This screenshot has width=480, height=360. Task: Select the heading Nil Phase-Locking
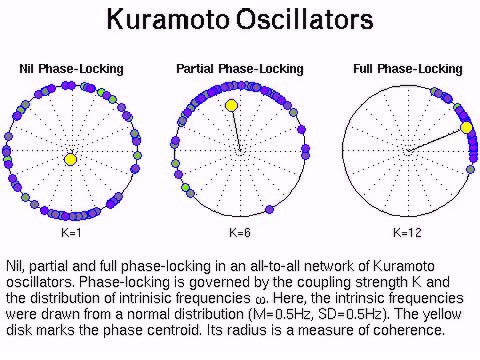pos(71,69)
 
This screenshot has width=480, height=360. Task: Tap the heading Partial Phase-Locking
pos(240,69)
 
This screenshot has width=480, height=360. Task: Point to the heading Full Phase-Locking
pos(408,69)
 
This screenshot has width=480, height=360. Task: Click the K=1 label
pos(71,233)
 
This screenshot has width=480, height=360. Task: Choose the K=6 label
pos(240,233)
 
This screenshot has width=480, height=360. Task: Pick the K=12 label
pos(407,233)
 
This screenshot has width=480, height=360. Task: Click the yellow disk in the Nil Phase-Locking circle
pos(71,159)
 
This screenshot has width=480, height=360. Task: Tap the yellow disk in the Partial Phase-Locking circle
pos(232,105)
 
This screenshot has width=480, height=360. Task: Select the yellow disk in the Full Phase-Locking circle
pos(466,127)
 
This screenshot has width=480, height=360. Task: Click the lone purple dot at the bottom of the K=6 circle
pos(269,210)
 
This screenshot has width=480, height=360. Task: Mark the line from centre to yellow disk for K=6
pos(236,130)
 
